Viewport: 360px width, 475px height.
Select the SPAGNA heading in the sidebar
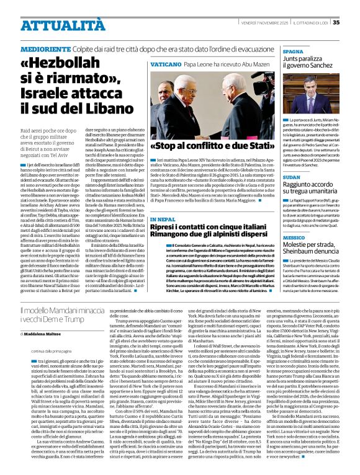(292, 51)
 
